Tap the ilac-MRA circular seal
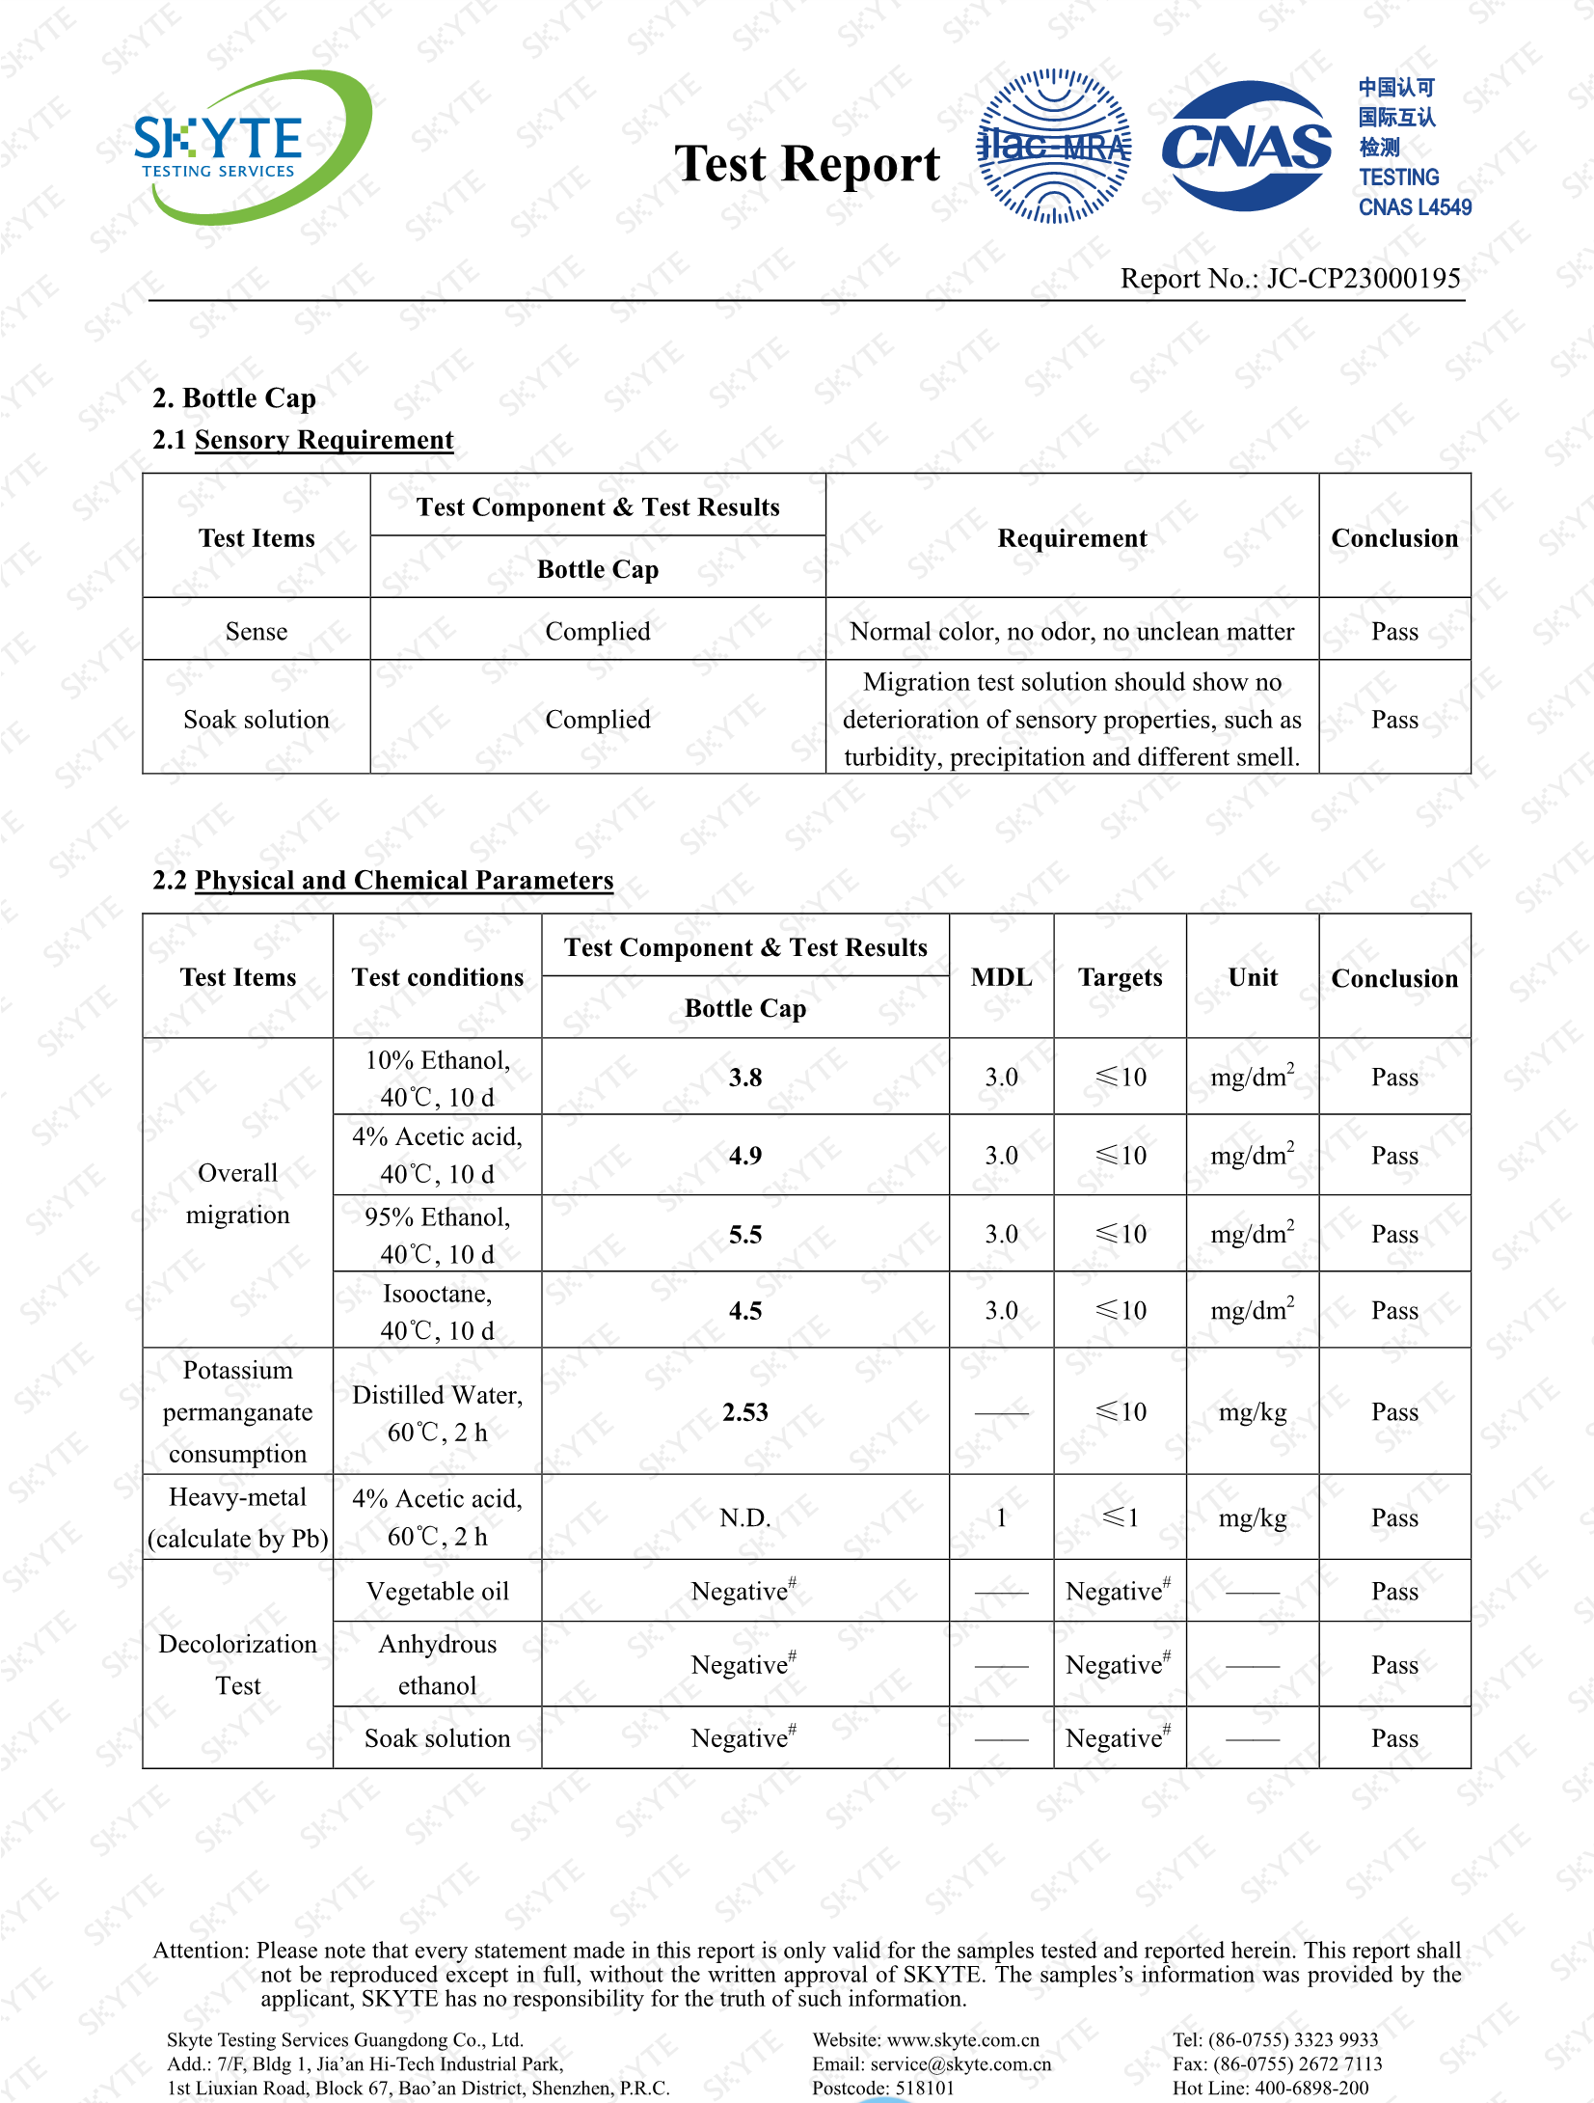1054,147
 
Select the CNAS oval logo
1246,147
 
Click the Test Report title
806,164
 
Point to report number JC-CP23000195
1363,279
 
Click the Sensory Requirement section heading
323,440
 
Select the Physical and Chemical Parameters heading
403,880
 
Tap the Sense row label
257,631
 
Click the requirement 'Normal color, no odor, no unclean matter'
1071,631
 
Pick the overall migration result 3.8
745,1078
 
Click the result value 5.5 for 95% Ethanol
745,1235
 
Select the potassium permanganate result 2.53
745,1412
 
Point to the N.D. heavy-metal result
745,1518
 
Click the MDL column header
1001,977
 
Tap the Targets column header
1120,977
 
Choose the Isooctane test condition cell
437,1311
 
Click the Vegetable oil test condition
437,1592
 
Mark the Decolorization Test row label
237,1664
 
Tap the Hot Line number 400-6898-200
1311,2089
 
